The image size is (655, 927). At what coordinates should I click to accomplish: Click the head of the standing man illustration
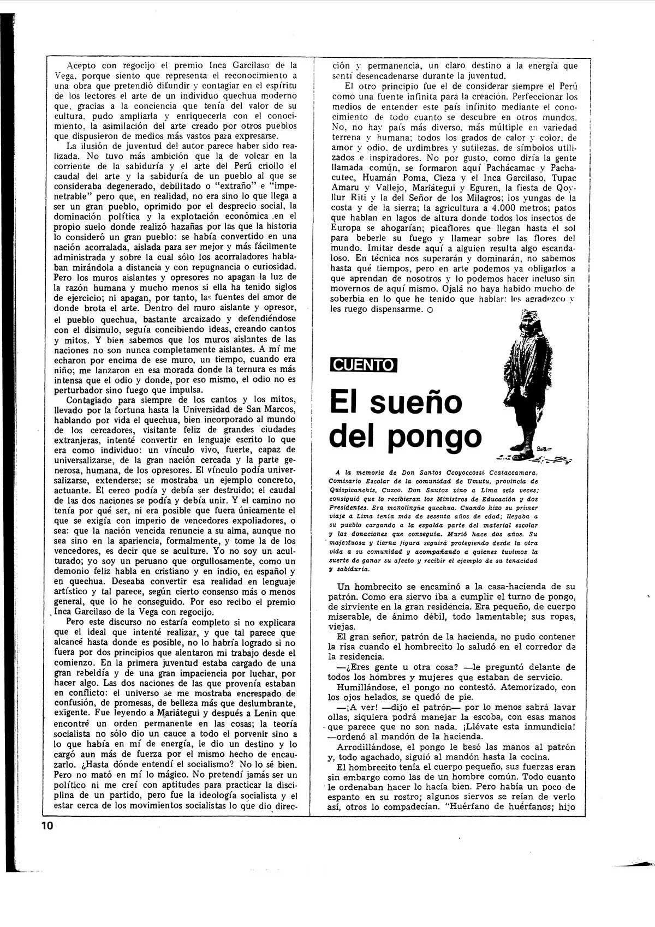[x=528, y=319]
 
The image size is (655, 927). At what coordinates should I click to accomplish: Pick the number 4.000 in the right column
[x=509, y=208]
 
